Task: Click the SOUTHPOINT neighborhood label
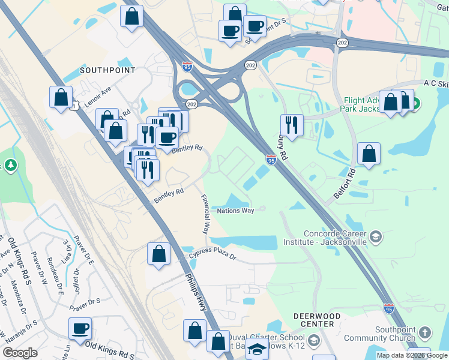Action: (x=107, y=70)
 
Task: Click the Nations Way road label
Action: (x=236, y=211)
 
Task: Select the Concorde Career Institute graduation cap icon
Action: (x=376, y=236)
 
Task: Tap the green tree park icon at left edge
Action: (x=11, y=165)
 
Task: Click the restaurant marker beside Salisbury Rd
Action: (x=292, y=125)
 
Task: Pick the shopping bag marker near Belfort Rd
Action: (x=369, y=154)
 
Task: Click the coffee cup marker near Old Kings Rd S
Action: (x=80, y=328)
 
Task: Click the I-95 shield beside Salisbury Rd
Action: (x=271, y=160)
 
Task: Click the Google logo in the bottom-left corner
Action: (x=20, y=353)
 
